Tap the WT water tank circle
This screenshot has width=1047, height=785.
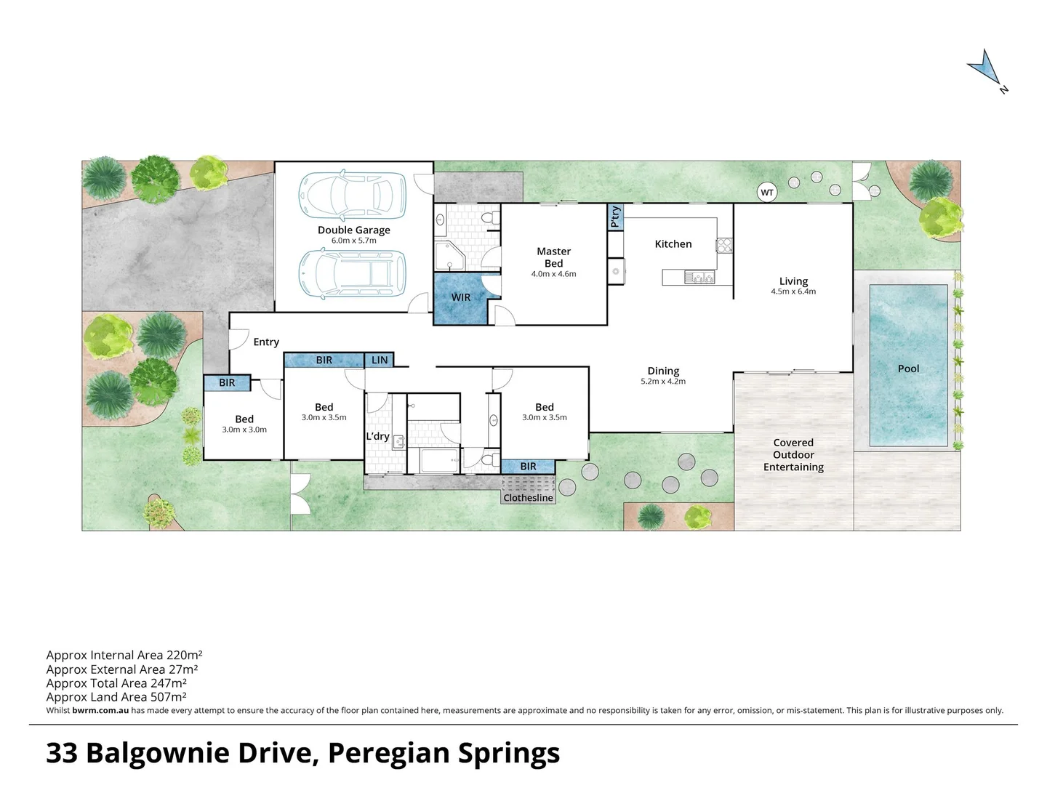click(x=766, y=193)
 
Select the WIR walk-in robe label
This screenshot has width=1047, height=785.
click(x=461, y=297)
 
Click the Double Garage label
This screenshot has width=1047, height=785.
click(x=354, y=230)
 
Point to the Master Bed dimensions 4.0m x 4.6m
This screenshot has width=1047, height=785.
click(x=553, y=274)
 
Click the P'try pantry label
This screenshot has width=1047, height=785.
click(x=616, y=217)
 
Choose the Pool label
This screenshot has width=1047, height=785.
click(x=908, y=369)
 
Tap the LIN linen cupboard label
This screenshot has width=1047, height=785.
click(x=380, y=360)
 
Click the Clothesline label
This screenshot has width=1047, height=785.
click(x=529, y=498)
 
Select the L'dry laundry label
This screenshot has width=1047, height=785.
click(x=377, y=436)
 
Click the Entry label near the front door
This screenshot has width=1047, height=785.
click(x=266, y=342)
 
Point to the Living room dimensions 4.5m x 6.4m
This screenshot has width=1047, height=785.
click(x=793, y=291)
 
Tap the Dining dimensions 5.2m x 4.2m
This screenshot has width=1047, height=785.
click(x=663, y=381)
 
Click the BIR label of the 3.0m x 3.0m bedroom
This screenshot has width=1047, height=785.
click(x=227, y=382)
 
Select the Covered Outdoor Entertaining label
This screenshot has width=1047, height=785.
click(x=793, y=454)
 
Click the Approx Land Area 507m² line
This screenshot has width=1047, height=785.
click(x=116, y=696)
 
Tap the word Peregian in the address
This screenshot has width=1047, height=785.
click(x=389, y=753)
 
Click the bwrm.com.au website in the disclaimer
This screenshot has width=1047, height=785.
click(x=100, y=710)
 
